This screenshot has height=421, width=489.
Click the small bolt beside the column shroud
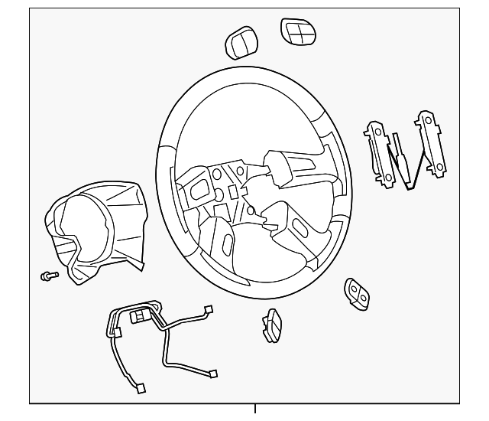click(x=47, y=276)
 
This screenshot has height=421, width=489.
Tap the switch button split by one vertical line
click(x=241, y=44)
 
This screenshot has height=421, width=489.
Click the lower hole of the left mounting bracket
click(x=387, y=177)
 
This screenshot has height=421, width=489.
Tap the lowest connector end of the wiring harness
click(x=140, y=387)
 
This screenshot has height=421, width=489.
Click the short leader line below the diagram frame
click(x=254, y=410)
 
